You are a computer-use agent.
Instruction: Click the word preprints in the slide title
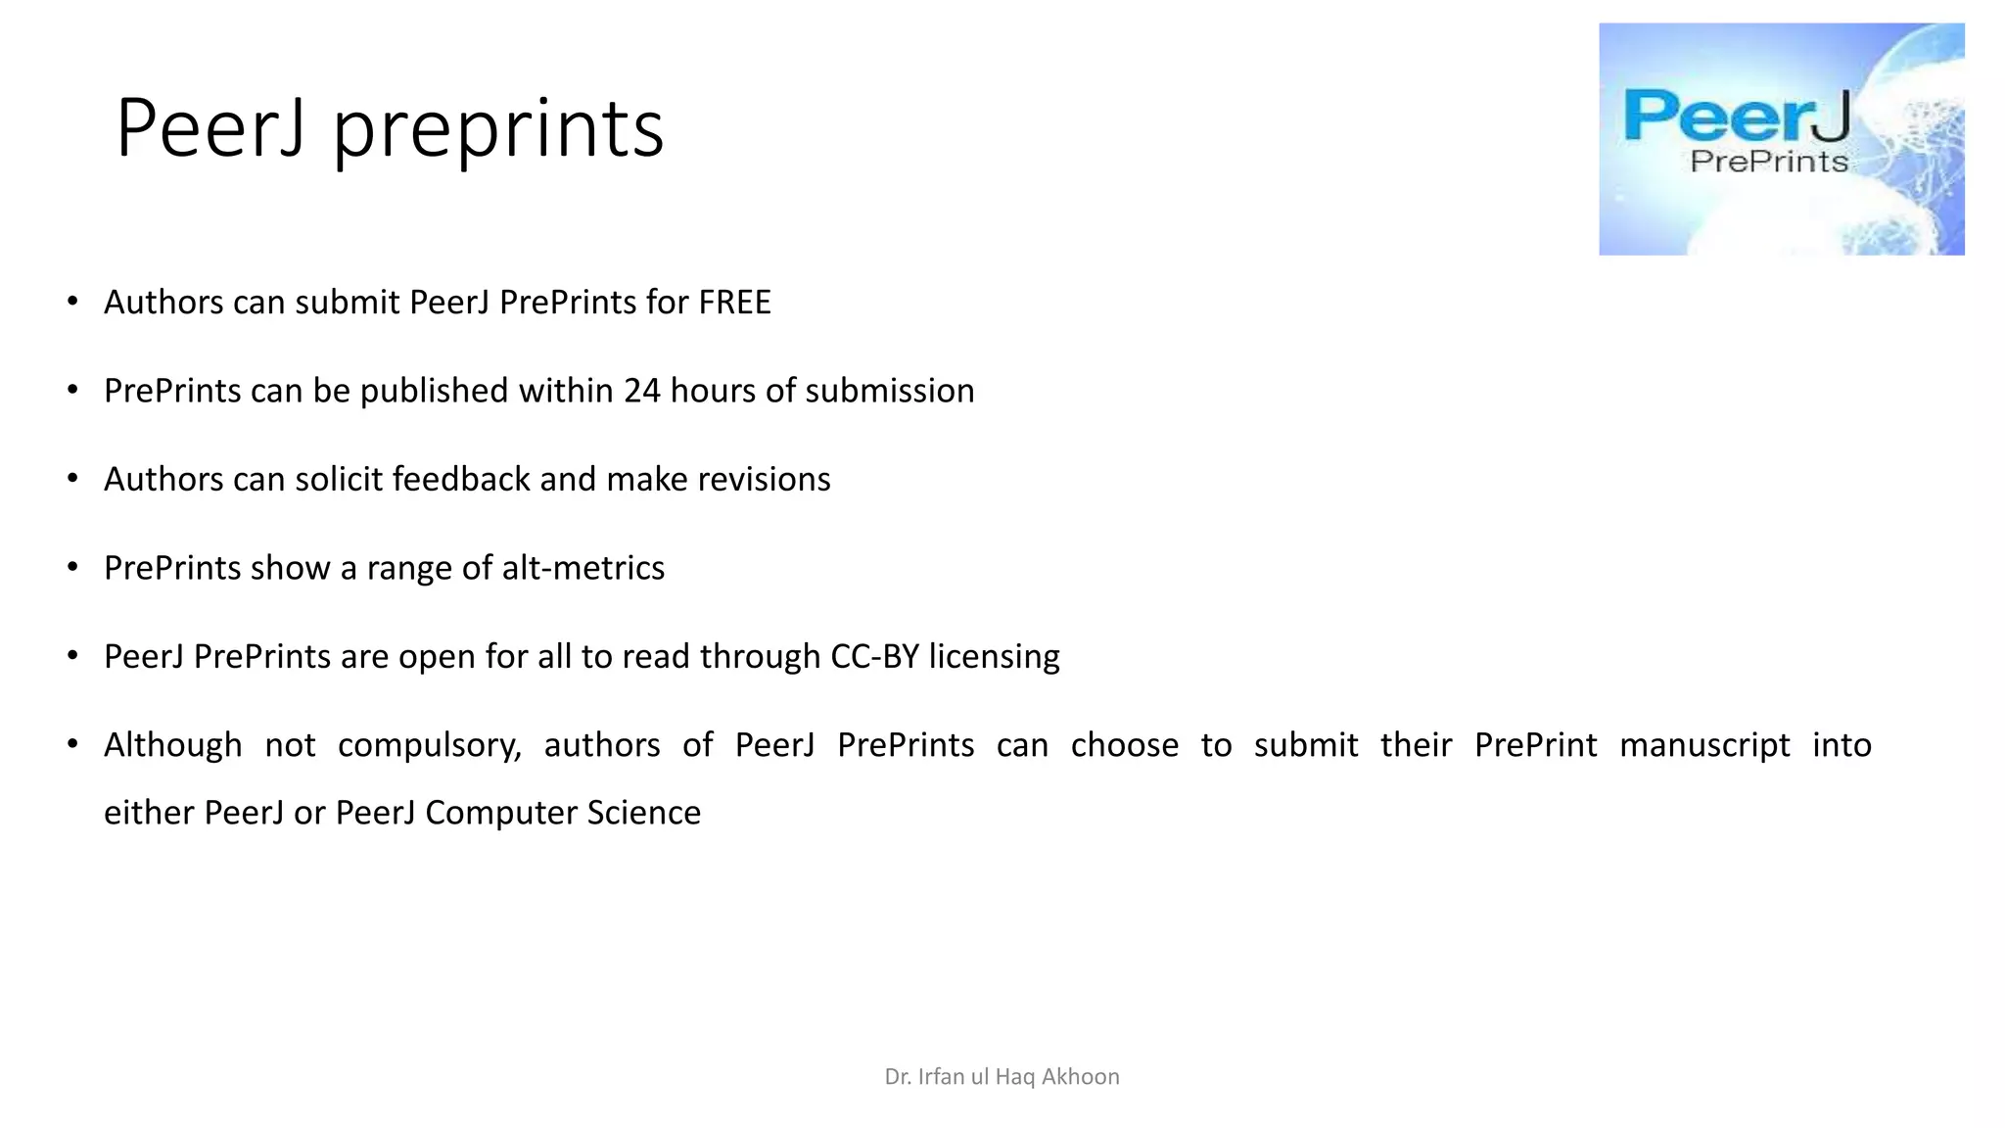[x=498, y=129]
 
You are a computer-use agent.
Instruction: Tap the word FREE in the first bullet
[x=734, y=303]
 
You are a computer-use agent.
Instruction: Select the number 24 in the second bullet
[x=642, y=391]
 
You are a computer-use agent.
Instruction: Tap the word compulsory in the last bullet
[x=429, y=746]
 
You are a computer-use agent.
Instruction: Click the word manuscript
[x=1704, y=746]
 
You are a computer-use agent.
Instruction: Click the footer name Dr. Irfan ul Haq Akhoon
[x=1002, y=1077]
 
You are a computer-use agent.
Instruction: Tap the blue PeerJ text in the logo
[x=1737, y=117]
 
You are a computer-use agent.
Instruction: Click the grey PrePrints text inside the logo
[x=1769, y=161]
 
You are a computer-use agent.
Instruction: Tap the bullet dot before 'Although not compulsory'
[x=72, y=744]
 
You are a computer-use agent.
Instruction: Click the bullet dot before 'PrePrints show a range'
[x=72, y=567]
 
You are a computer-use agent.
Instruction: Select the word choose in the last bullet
[x=1124, y=745]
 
